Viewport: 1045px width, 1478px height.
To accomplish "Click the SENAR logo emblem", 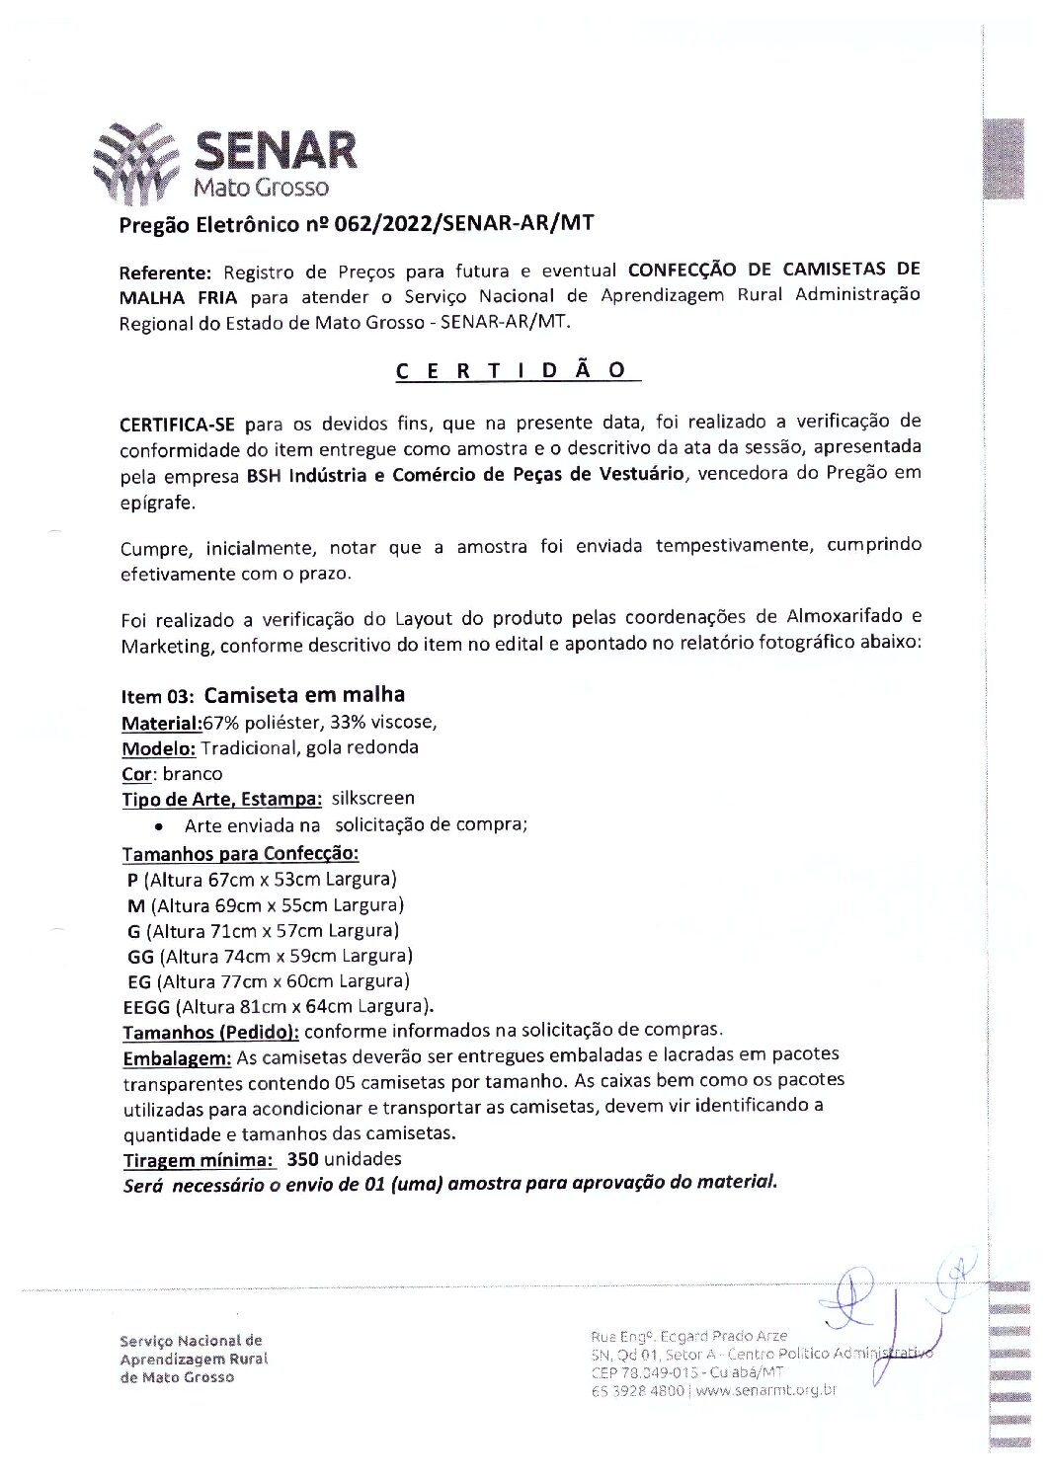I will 136,164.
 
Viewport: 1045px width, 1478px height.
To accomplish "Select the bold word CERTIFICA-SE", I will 177,425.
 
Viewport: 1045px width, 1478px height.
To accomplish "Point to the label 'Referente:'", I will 165,272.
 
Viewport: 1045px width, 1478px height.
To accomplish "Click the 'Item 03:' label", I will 157,696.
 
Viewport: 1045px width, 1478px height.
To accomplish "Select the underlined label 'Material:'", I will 161,723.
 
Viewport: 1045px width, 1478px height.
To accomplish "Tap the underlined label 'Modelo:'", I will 158,748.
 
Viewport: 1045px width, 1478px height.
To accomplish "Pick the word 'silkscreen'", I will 372,798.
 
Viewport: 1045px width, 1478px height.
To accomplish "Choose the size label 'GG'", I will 140,956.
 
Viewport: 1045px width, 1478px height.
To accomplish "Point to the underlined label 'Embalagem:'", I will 177,1058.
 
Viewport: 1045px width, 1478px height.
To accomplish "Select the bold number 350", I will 302,1159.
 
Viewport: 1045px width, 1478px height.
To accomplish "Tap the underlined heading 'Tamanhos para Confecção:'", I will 240,853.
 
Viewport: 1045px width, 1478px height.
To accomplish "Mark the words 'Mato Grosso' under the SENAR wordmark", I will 261,188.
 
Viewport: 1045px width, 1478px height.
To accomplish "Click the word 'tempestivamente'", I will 732,546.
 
